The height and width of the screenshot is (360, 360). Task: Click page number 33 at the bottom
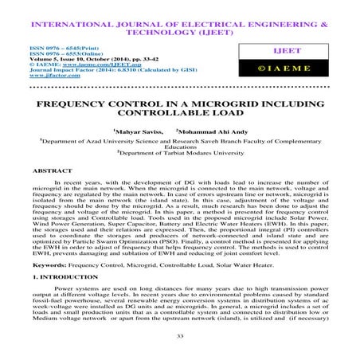point(180,337)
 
